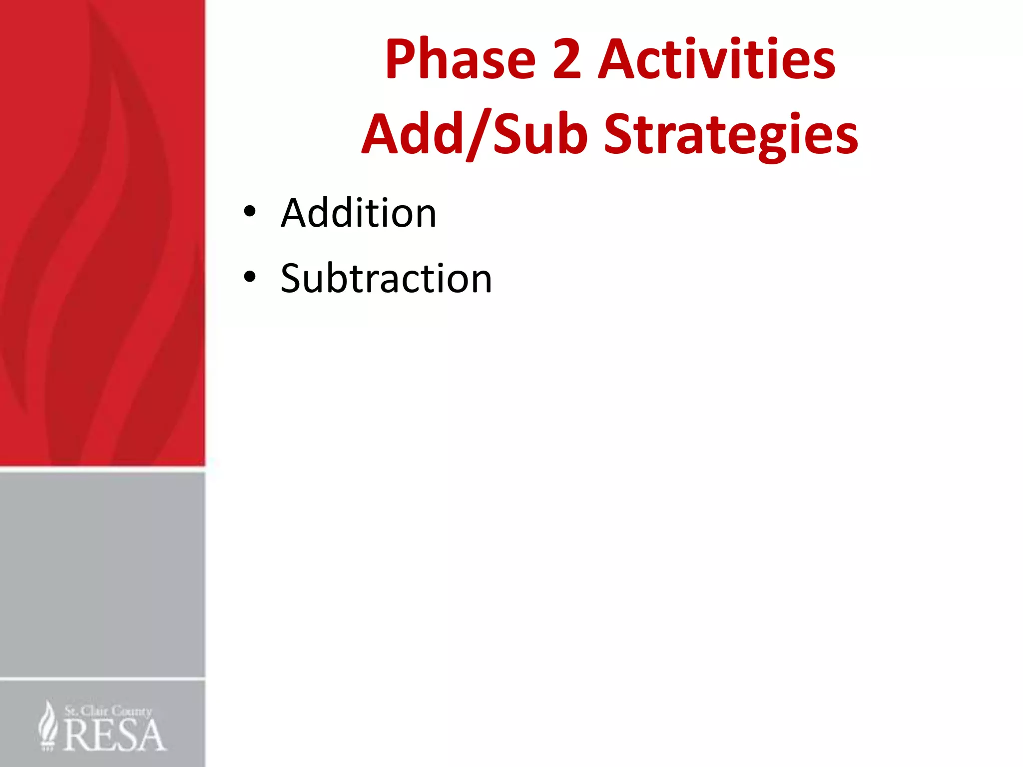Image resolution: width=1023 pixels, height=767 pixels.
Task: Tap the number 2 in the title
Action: coord(567,60)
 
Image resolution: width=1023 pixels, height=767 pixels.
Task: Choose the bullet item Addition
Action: coord(358,213)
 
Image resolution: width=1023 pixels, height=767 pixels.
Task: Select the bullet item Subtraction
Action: coord(386,279)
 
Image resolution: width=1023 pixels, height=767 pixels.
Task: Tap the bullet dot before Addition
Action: coord(250,212)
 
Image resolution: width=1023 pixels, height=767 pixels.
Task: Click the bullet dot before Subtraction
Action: coord(250,276)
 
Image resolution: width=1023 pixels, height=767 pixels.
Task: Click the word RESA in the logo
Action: coord(114,736)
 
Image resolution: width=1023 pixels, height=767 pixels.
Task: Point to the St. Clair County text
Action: coord(108,711)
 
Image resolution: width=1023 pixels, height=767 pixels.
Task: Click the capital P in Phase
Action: coord(400,60)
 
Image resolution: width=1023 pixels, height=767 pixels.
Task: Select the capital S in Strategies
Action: coord(619,134)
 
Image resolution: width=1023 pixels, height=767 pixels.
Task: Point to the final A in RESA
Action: coord(151,736)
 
